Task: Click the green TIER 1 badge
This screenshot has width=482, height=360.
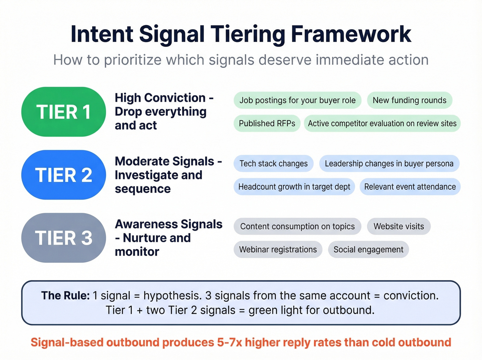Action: tap(63, 112)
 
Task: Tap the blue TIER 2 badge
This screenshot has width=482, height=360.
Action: tap(63, 175)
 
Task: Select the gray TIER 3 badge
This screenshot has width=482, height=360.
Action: tap(63, 238)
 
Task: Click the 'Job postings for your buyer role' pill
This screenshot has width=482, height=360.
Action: tap(297, 100)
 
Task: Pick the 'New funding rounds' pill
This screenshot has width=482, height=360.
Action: tap(409, 100)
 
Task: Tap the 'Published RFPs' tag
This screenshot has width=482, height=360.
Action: tap(267, 123)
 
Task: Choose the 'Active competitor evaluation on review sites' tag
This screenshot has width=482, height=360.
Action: tap(382, 123)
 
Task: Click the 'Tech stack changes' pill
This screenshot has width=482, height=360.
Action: tap(273, 164)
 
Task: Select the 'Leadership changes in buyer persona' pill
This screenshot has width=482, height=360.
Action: tap(389, 164)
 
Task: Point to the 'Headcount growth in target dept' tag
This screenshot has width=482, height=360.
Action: tap(294, 187)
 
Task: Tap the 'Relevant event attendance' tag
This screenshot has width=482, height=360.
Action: tap(410, 187)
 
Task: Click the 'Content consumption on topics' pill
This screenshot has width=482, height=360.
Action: tap(297, 226)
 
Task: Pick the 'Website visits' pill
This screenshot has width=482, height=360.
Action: tap(399, 226)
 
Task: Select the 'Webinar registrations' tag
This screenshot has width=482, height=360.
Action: tap(278, 249)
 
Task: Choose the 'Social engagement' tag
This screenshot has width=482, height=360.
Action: tap(368, 249)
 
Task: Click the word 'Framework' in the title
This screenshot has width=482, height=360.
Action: tap(351, 34)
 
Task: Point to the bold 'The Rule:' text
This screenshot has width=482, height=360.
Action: tap(65, 296)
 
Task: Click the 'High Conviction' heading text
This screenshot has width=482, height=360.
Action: tap(160, 98)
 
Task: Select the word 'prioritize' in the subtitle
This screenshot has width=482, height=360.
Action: tap(133, 60)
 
